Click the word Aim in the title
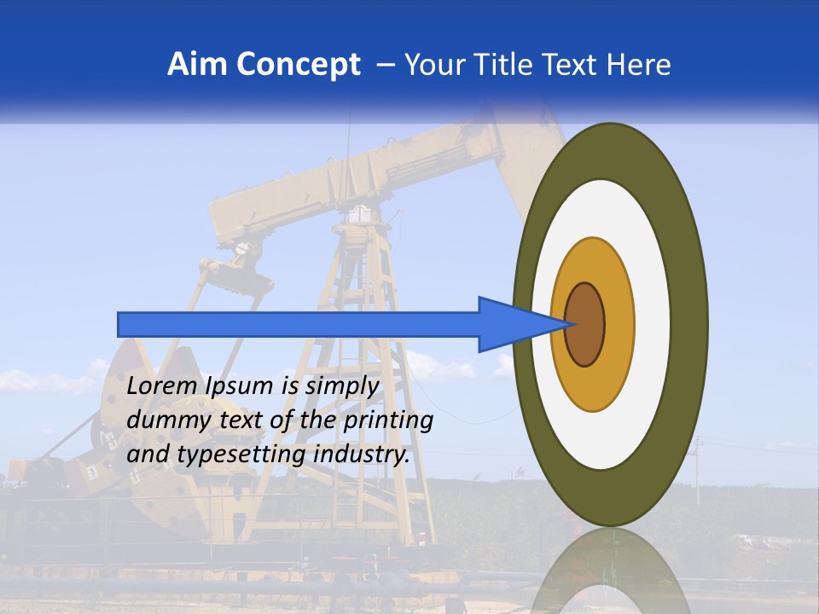click(197, 65)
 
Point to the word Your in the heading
click(433, 65)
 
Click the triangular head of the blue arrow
click(512, 324)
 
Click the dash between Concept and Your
click(385, 66)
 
